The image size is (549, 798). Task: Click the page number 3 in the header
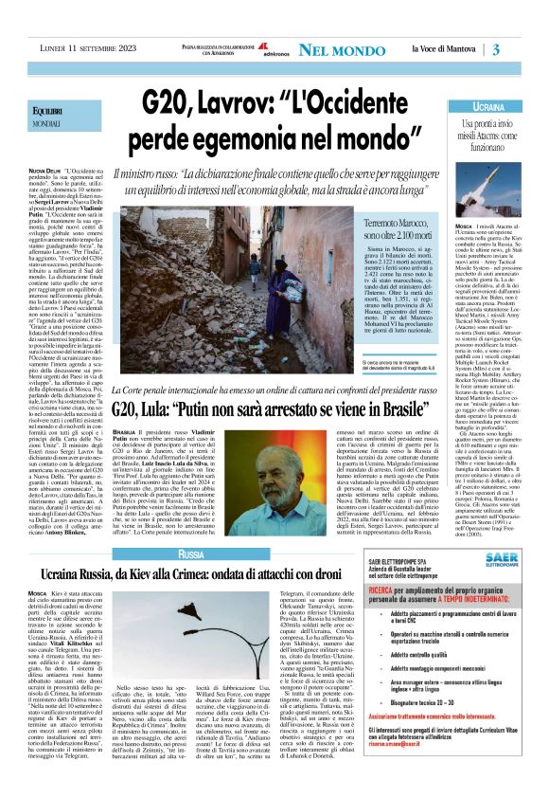(x=496, y=49)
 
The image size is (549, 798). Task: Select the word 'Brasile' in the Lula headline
(x=414, y=410)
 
